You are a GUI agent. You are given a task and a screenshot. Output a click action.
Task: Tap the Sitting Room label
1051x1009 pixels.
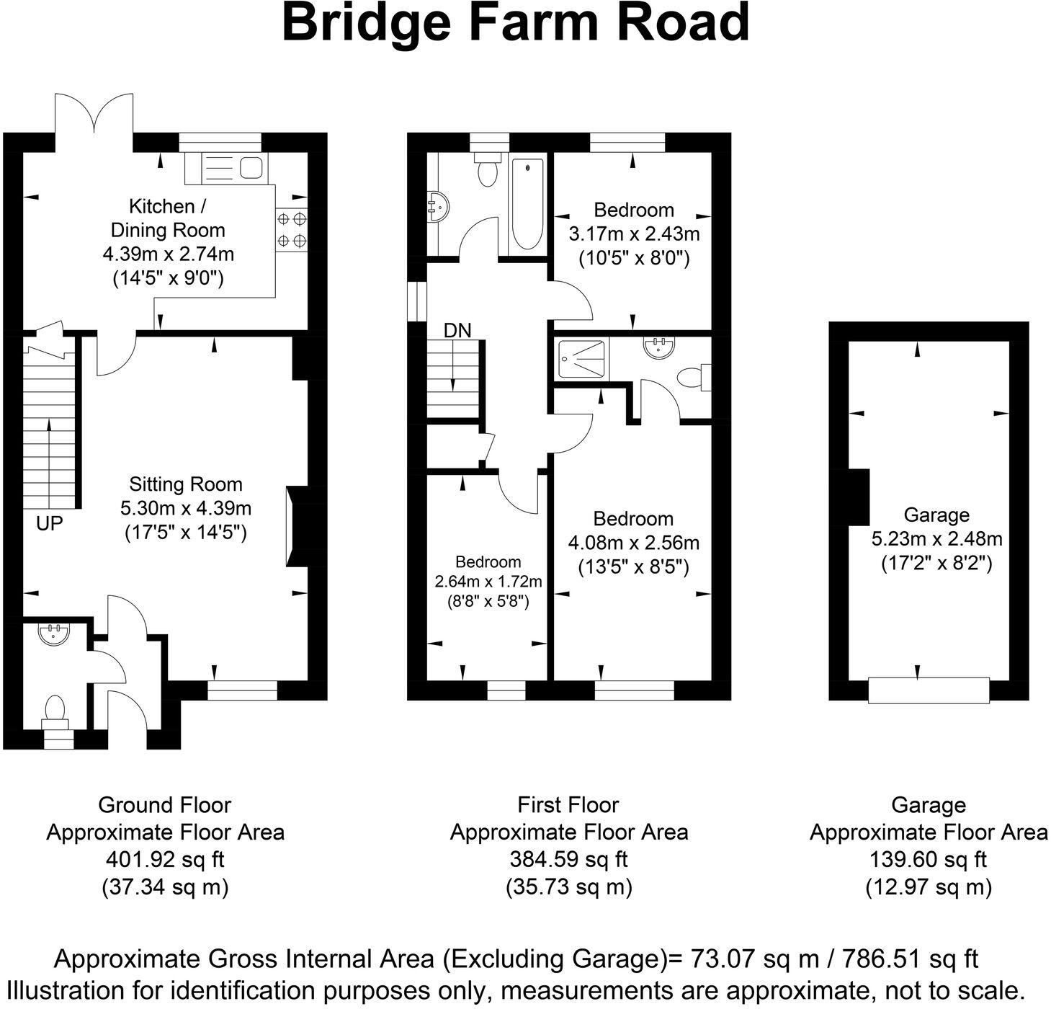click(185, 484)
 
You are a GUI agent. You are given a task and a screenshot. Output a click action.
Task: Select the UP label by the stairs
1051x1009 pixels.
click(50, 523)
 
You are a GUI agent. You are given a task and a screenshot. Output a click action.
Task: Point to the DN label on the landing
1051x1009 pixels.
click(457, 331)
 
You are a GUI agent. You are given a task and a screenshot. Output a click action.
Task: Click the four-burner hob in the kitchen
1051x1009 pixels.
click(292, 229)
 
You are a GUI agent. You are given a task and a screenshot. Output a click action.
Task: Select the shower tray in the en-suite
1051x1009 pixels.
click(583, 358)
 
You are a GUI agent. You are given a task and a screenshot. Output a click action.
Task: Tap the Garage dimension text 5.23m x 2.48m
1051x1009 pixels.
click(936, 538)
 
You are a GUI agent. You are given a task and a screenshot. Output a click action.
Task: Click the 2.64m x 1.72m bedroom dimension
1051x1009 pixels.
click(488, 582)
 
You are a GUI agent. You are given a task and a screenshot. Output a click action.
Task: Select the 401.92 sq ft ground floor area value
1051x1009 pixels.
click(165, 859)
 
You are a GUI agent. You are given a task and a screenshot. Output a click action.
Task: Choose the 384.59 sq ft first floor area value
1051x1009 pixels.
click(568, 859)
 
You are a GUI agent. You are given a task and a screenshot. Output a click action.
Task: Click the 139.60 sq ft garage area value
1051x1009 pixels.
click(928, 859)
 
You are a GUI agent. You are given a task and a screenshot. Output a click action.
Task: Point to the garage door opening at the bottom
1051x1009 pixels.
click(929, 690)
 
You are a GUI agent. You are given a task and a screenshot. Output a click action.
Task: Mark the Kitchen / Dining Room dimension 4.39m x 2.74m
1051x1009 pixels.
click(168, 254)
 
